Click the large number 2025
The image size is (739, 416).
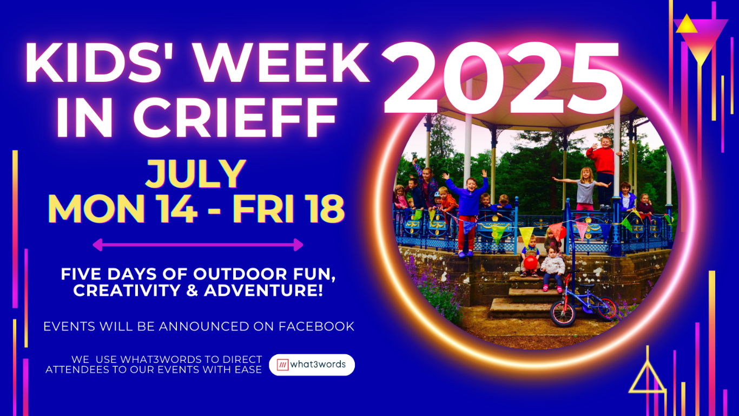point(502,78)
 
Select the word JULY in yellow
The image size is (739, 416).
point(196,174)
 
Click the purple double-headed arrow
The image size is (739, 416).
point(198,245)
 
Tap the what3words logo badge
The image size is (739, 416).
point(312,365)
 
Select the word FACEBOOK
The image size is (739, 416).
point(316,327)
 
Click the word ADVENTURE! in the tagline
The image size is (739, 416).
point(263,290)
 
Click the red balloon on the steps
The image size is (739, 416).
point(531,263)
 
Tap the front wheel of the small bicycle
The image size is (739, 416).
point(563,314)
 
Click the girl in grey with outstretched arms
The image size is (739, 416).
point(585,189)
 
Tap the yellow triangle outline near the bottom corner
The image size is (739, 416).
point(647,376)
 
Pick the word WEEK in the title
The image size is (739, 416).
point(281,63)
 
